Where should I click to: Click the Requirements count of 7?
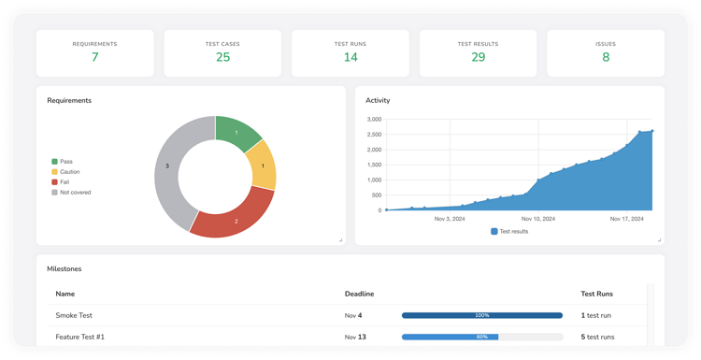coord(94,58)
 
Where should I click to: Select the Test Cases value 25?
coord(222,58)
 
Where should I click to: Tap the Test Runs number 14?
coord(350,58)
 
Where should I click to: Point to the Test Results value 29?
coord(478,58)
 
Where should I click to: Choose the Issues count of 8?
coord(606,58)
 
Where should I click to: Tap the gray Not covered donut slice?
coord(170,168)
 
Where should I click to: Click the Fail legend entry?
coord(65,182)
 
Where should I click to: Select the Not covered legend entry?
coord(75,193)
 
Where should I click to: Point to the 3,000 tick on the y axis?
coord(373,120)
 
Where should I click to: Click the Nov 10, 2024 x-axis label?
coord(538,219)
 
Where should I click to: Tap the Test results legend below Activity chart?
coord(509,231)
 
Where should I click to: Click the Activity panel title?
coord(378,100)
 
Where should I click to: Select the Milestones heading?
coord(64,268)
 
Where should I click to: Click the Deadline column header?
coord(360,293)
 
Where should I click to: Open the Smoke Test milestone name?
coord(74,316)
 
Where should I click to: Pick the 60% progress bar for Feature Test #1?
coord(481,337)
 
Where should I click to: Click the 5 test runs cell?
coord(597,337)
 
